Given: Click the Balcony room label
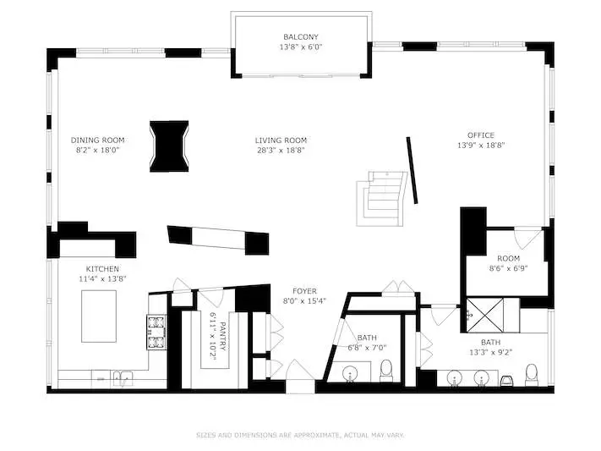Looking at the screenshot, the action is click(x=301, y=37).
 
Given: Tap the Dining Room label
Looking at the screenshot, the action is click(x=97, y=140).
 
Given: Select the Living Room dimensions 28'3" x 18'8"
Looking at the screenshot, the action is click(x=281, y=150).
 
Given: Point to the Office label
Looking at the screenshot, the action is click(x=481, y=135).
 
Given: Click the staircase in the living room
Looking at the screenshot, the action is click(x=381, y=199).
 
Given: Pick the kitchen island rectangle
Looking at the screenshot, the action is click(x=99, y=316).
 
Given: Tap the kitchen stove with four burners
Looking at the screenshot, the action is click(x=156, y=332).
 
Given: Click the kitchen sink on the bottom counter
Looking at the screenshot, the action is click(x=123, y=377).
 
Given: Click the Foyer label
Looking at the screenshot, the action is click(x=304, y=291).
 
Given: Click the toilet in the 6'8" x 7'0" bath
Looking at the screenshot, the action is click(x=386, y=371).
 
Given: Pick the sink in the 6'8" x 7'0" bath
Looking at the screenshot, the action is click(x=350, y=374).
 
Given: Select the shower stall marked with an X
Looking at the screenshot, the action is click(x=484, y=315).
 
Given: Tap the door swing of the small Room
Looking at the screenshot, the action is click(x=527, y=238).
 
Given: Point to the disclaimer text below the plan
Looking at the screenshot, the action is click(x=300, y=435).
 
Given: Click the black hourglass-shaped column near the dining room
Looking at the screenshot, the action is click(x=169, y=146).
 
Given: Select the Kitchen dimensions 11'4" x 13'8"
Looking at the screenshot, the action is click(x=102, y=279).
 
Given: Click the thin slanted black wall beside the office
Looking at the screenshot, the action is click(x=412, y=170).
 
